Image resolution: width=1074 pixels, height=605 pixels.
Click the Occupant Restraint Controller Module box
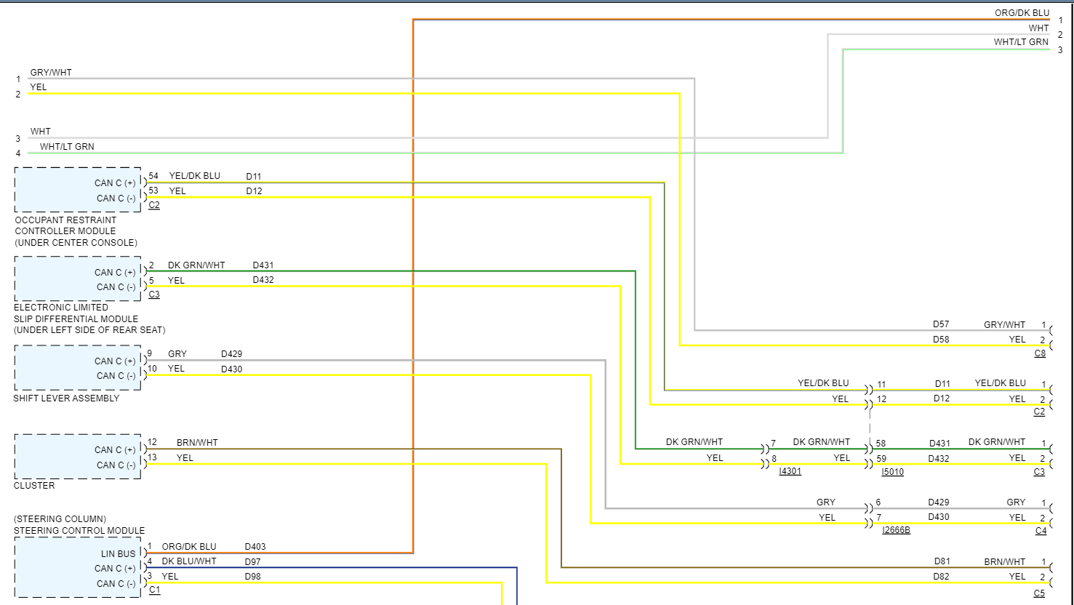tap(77, 190)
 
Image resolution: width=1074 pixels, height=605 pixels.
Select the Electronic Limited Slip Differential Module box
tap(77, 279)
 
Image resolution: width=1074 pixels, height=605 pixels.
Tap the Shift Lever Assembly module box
tap(77, 368)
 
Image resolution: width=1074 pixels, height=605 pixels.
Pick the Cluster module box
tap(77, 457)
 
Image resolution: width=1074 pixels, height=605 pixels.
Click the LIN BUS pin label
tap(118, 554)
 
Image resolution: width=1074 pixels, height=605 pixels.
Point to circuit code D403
tap(255, 547)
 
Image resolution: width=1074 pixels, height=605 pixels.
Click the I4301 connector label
tap(790, 472)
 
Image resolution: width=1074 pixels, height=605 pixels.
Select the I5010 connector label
tap(892, 472)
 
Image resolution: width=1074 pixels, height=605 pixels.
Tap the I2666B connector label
tap(896, 530)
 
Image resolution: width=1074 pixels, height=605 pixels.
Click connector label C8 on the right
tap(1040, 353)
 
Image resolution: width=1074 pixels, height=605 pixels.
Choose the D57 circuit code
tap(941, 325)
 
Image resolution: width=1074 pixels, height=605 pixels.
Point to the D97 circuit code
tap(252, 562)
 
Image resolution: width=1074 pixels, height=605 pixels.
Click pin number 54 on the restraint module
tap(153, 176)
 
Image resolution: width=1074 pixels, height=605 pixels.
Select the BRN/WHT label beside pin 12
tap(197, 443)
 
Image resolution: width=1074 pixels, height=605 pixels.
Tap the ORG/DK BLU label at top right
tap(1022, 13)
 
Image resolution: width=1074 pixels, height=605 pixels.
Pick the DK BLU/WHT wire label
tap(189, 561)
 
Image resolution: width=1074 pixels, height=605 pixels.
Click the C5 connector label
tap(1039, 593)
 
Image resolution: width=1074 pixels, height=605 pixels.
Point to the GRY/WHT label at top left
tap(51, 73)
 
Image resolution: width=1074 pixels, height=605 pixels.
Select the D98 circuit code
tap(252, 577)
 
